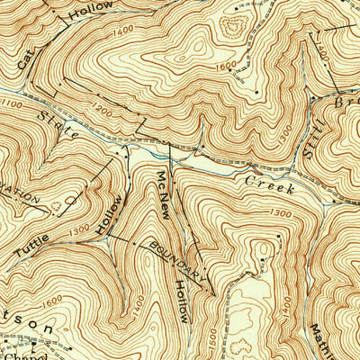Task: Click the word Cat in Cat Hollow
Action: point(27,59)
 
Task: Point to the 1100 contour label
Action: point(13,105)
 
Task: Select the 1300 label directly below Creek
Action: point(280,212)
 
